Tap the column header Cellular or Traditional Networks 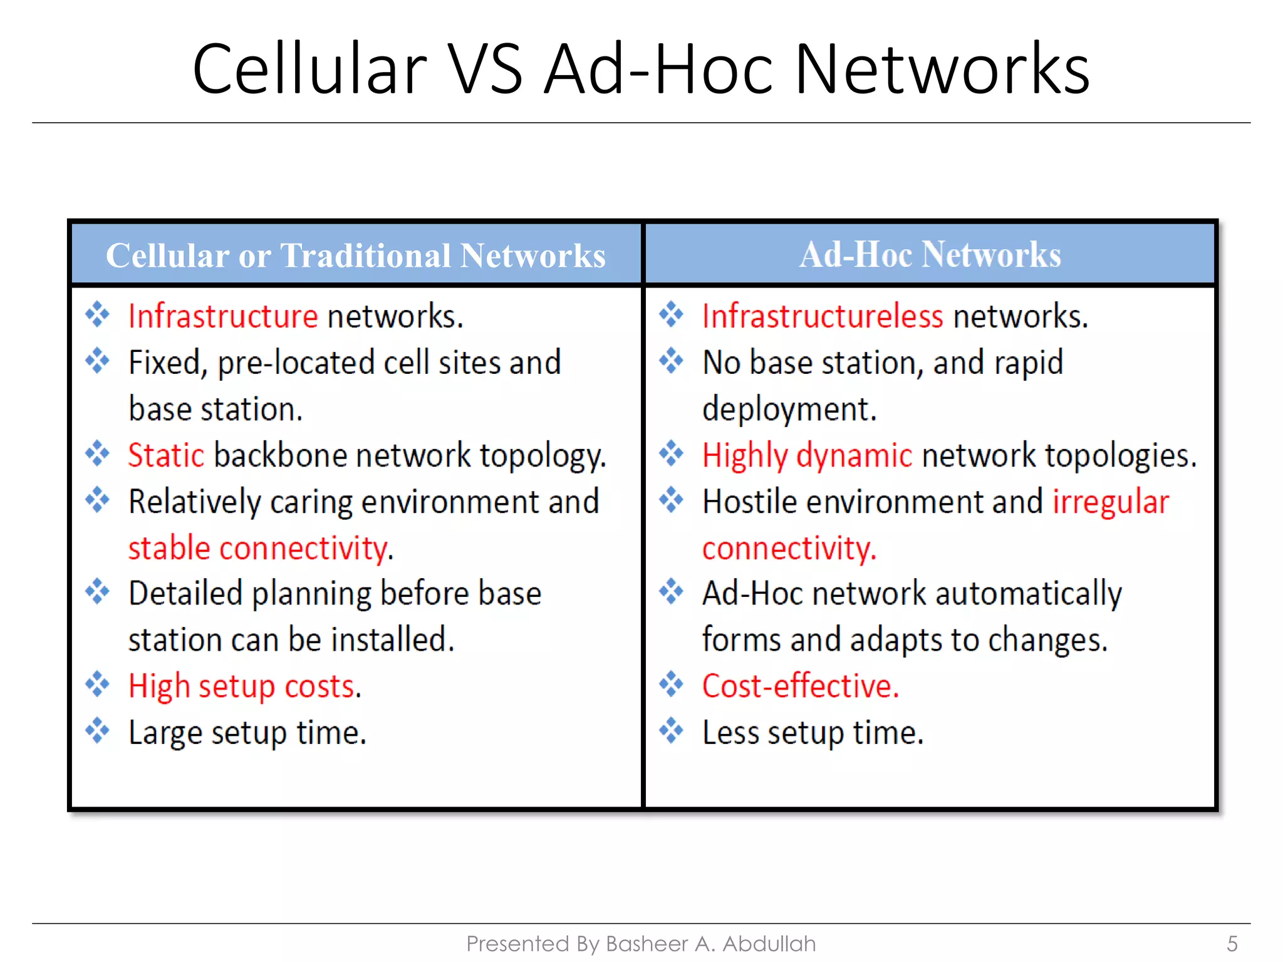click(355, 256)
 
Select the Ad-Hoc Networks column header click(930, 255)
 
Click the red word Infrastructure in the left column click(223, 316)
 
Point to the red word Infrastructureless click(822, 316)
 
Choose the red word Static click(166, 455)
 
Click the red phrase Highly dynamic click(807, 455)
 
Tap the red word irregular click(1110, 502)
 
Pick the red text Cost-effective click(799, 686)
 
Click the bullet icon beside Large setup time click(97, 730)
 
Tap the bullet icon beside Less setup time click(671, 730)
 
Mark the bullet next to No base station click(671, 361)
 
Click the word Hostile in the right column click(749, 502)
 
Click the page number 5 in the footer click(1232, 943)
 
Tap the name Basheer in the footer click(647, 943)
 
